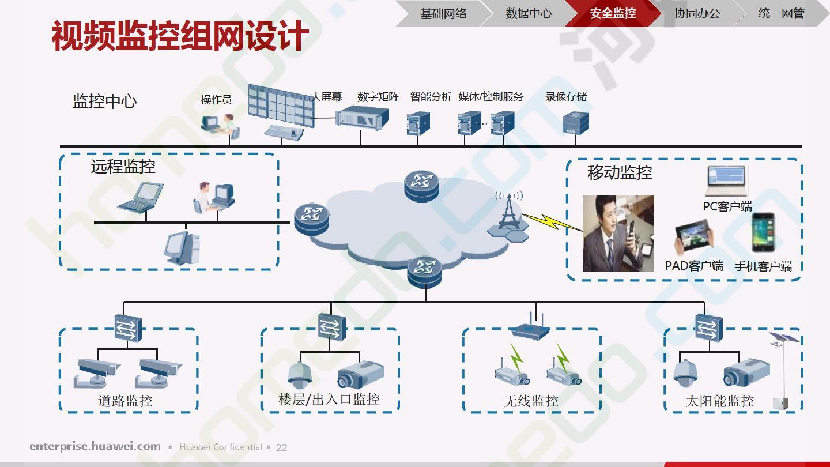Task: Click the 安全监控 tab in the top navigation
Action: pos(613,13)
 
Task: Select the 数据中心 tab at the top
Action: pos(529,13)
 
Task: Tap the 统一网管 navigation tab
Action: pos(781,13)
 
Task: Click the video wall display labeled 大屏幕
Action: pos(281,106)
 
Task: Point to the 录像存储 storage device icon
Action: pos(576,123)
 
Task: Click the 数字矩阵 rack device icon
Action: pos(363,117)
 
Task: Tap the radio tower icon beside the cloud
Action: pos(508,217)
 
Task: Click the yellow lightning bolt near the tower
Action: pos(552,222)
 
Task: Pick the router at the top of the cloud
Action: pos(422,186)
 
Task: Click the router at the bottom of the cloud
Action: pos(425,272)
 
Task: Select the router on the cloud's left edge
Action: pos(312,219)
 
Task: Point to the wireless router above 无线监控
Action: pos(531,327)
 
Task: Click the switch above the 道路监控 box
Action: pos(128,328)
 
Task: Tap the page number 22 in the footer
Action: pos(282,448)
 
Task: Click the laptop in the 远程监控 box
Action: pos(141,198)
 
